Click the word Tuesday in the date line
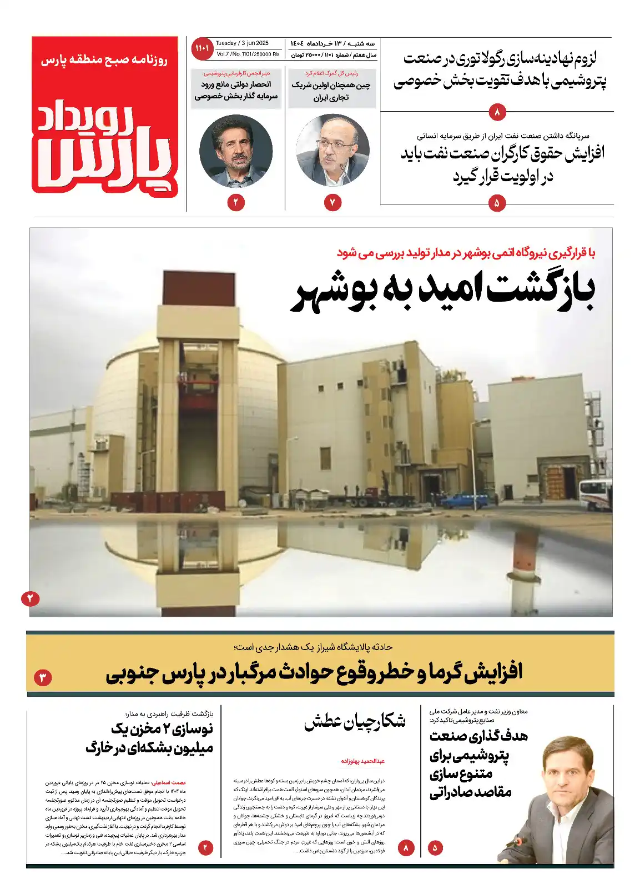pyautogui.click(x=226, y=43)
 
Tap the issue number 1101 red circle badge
pyautogui.click(x=202, y=48)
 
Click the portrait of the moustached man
pyautogui.click(x=236, y=151)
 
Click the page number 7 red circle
pyautogui.click(x=332, y=203)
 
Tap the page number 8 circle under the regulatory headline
pyautogui.click(x=497, y=113)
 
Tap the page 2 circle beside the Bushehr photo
pyautogui.click(x=31, y=598)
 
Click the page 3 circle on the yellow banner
pyautogui.click(x=43, y=677)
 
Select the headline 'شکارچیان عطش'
pyautogui.click(x=355, y=721)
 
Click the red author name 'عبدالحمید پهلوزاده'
pyautogui.click(x=362, y=761)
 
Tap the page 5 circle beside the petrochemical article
pyautogui.click(x=435, y=848)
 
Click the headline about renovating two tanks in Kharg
pyautogui.click(x=150, y=738)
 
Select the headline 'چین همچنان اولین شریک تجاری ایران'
pyautogui.click(x=331, y=91)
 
